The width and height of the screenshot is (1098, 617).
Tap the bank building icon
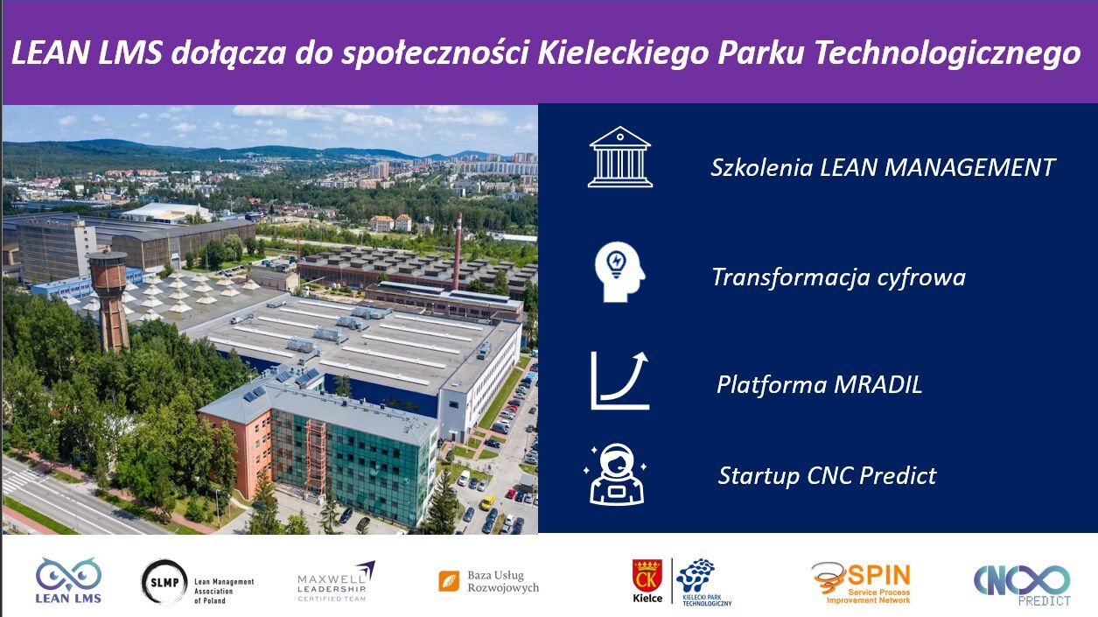coord(620,157)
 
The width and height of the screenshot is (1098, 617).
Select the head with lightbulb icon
coord(619,271)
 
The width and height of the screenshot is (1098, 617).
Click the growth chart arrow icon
coord(620,380)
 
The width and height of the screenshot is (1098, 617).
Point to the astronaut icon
coord(616,474)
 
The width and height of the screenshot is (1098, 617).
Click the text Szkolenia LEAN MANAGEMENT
coord(882,168)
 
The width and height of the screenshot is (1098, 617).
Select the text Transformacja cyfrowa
coord(839,277)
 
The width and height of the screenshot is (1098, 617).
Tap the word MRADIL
coord(878,384)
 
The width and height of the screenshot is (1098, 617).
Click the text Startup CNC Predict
coord(828,476)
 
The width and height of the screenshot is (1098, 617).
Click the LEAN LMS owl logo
coord(68,580)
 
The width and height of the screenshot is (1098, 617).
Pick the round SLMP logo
coord(164,582)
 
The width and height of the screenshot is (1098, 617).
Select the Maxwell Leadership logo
coord(336,582)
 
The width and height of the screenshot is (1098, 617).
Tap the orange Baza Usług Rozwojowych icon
coord(449,581)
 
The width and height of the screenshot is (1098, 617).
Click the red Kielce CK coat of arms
coord(647,575)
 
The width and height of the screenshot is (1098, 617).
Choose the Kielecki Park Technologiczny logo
coord(702,582)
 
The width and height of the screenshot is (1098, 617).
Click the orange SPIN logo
coord(861,583)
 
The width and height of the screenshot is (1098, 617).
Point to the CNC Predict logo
coord(1022,585)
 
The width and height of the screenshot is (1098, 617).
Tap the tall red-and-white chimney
coord(458,251)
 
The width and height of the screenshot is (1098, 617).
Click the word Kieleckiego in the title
coord(623,53)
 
